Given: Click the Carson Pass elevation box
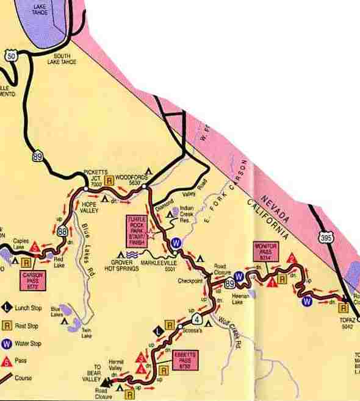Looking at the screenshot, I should (33, 280).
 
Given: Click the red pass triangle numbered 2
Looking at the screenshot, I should (291, 259).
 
